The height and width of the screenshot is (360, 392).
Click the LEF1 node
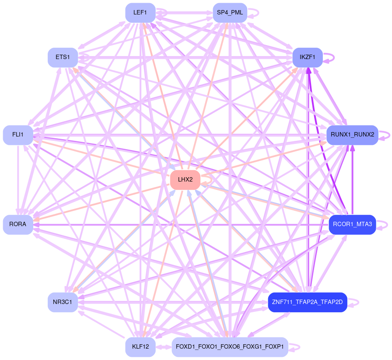tap(140, 13)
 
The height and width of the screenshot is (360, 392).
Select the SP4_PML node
tap(230, 13)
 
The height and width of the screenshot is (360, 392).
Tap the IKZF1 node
tap(308, 57)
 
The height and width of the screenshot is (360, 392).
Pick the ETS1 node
tap(63, 57)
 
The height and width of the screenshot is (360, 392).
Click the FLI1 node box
tap(18, 135)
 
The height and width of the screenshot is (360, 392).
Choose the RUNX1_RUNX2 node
tap(352, 135)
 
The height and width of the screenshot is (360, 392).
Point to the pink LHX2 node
tap(185, 180)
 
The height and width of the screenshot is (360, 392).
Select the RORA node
tap(18, 224)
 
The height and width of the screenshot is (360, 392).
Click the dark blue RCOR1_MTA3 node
tap(352, 224)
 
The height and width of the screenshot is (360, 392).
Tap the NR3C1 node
tap(63, 302)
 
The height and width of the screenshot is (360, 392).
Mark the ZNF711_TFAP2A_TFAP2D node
tap(308, 302)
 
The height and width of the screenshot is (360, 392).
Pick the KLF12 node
tap(140, 347)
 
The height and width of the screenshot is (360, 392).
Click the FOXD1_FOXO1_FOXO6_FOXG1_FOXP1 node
tap(230, 347)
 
